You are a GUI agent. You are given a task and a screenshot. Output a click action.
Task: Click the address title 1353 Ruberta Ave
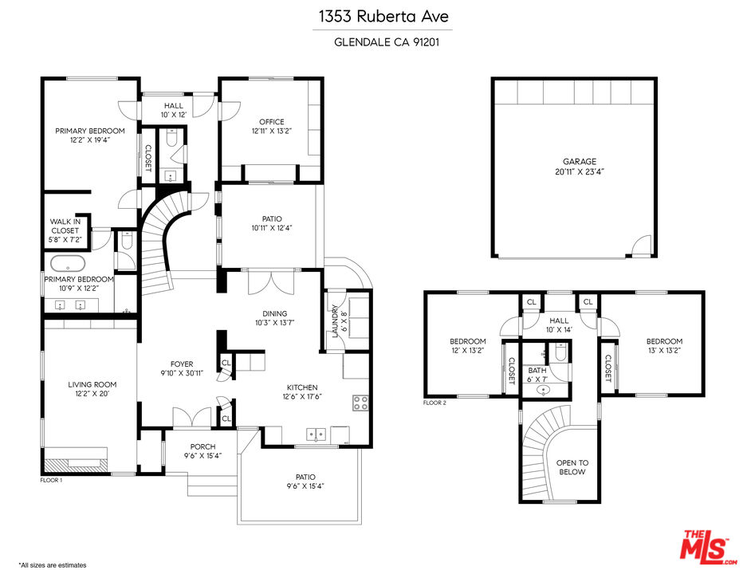[383, 17]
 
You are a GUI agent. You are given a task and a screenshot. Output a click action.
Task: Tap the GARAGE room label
[579, 162]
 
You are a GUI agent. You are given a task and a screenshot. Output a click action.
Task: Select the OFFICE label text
[272, 122]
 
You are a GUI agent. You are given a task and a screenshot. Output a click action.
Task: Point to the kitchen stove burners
[360, 403]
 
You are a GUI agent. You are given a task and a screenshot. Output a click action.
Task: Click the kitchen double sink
[316, 434]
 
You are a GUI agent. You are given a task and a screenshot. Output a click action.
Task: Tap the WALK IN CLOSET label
[65, 226]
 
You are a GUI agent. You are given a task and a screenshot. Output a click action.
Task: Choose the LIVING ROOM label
[92, 384]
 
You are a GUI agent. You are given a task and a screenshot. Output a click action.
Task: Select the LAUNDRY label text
[335, 321]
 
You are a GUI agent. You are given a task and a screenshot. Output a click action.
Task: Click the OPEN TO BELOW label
[572, 467]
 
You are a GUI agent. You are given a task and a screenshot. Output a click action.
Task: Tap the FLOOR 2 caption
[434, 403]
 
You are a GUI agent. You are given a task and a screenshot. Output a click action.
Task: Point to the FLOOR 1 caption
[51, 480]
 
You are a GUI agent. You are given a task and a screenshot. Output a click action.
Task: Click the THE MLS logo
[708, 547]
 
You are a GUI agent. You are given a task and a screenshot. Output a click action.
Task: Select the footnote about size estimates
[53, 565]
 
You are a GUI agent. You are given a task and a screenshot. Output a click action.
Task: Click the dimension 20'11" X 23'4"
[580, 171]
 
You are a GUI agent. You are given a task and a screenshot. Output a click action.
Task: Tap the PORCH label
[202, 446]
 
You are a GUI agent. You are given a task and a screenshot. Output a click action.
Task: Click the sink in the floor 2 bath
[544, 390]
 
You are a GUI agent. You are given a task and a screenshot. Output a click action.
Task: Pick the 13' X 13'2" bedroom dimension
[664, 351]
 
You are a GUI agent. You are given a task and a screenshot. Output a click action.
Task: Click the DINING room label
[275, 313]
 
